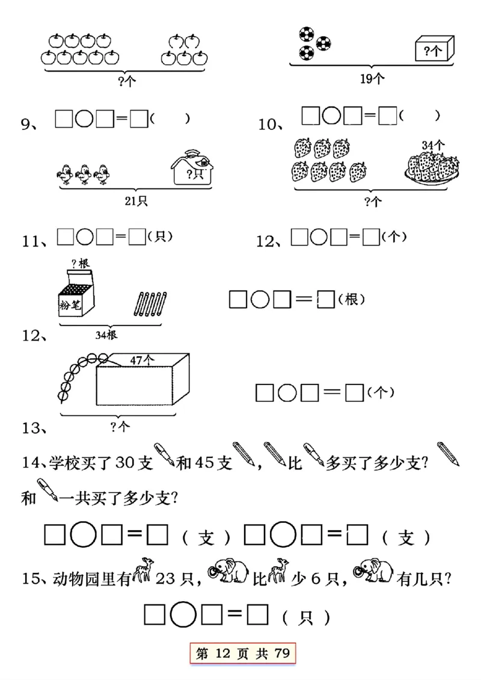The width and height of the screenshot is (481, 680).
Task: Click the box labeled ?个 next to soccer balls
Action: click(x=434, y=49)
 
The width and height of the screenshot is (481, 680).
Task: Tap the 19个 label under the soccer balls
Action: click(x=372, y=77)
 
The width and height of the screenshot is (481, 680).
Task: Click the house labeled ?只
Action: click(x=191, y=168)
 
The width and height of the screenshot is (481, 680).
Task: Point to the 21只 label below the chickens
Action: click(x=136, y=201)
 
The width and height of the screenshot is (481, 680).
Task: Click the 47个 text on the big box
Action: click(x=142, y=359)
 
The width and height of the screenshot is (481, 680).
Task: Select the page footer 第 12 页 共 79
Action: click(x=244, y=654)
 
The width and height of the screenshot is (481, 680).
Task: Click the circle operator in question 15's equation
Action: click(x=182, y=614)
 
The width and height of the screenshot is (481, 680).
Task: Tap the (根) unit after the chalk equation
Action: click(x=351, y=299)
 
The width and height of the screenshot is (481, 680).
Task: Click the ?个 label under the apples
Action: click(x=127, y=81)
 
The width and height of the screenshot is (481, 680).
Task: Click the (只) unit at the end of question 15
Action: click(x=306, y=617)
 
